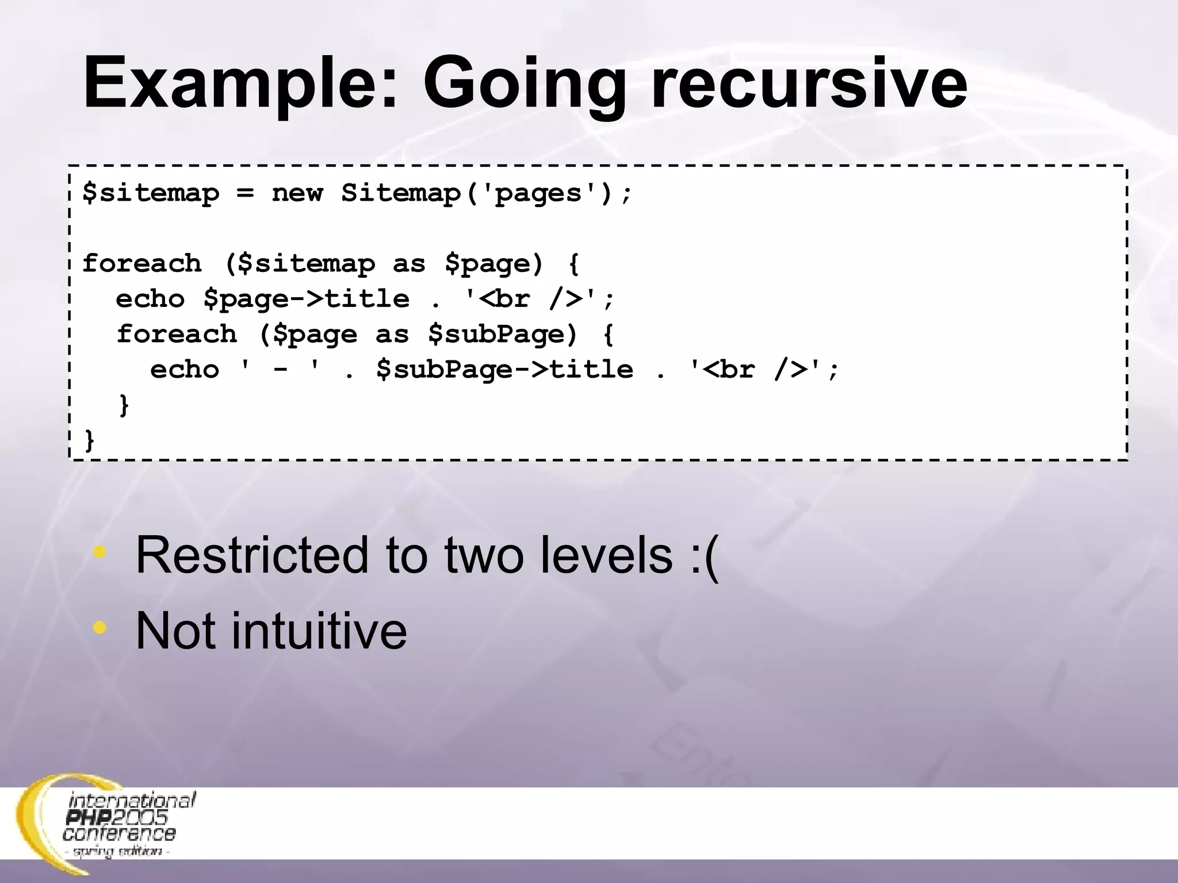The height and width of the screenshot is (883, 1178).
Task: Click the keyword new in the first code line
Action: coord(297,193)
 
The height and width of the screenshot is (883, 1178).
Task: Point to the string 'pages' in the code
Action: coord(537,193)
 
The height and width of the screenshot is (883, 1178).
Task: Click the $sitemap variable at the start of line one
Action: coord(151,193)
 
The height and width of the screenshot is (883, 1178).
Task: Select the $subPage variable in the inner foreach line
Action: coord(502,334)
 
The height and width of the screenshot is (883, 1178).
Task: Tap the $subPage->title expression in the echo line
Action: coord(504,370)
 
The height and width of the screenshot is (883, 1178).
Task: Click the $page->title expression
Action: coord(306,299)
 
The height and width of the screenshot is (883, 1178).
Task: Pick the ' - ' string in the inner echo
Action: coord(280,370)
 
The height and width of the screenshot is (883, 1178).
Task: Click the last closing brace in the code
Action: coord(89,441)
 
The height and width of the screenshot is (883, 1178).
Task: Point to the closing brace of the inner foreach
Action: coord(124,405)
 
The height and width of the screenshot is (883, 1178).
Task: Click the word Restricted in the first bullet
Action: coord(251,555)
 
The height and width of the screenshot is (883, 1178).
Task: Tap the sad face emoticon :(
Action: coord(705,555)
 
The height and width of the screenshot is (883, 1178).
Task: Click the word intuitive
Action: coord(319,631)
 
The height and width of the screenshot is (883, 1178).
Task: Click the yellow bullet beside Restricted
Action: coord(100,552)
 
